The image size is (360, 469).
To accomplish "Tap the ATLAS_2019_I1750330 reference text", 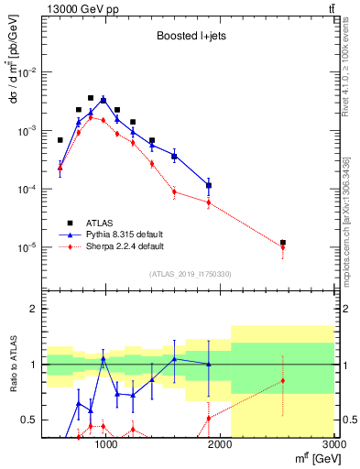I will point(190,273).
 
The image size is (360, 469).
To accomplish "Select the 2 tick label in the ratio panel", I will point(34,309).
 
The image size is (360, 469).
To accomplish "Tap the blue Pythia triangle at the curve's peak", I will point(104,99).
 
